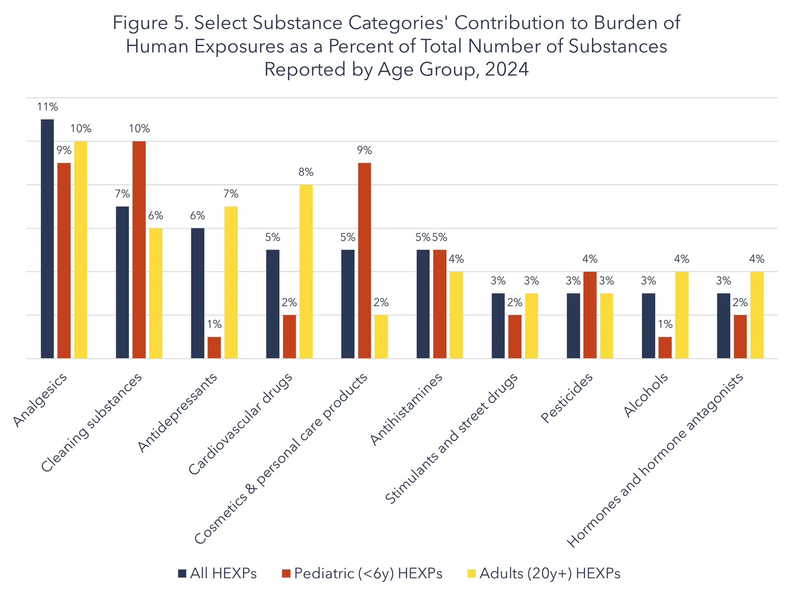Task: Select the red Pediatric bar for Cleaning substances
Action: [x=139, y=250]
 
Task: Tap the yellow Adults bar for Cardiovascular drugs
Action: [x=306, y=271]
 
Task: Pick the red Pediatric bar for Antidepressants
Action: [x=214, y=347]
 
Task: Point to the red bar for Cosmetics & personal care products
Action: [x=364, y=260]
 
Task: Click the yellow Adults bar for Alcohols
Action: [x=681, y=315]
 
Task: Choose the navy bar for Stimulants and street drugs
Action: [x=498, y=326]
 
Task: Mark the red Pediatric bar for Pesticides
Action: [x=590, y=315]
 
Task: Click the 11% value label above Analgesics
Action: [x=47, y=107]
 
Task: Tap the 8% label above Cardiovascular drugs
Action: [x=306, y=172]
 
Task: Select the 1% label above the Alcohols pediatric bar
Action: [x=665, y=324]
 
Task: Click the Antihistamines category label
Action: [x=406, y=409]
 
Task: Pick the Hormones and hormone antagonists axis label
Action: [x=655, y=461]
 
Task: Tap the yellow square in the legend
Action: [x=472, y=574]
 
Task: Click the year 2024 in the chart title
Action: [x=507, y=69]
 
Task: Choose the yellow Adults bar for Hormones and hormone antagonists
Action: [x=757, y=315]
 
